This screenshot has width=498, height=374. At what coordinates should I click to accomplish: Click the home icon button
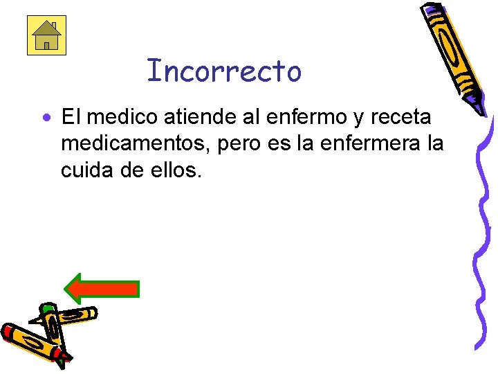(x=46, y=35)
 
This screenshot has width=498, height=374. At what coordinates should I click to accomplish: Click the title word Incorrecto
(x=225, y=71)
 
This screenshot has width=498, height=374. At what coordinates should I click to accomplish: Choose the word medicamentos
(x=131, y=143)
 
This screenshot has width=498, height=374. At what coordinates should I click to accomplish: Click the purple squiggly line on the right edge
(x=483, y=229)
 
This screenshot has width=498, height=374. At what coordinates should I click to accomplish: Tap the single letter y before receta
(x=358, y=118)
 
